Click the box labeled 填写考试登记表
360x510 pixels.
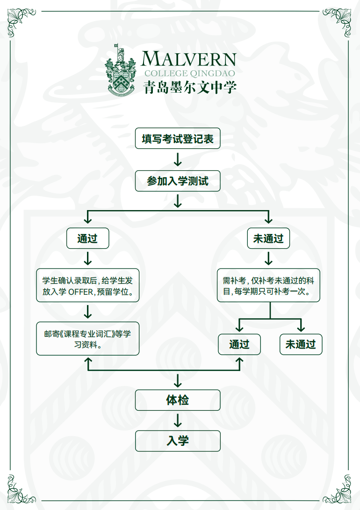pyautogui.click(x=178, y=139)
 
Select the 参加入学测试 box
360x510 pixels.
pyautogui.click(x=178, y=181)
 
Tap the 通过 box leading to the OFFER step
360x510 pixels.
pyautogui.click(x=87, y=239)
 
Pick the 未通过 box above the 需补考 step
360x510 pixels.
pyautogui.click(x=268, y=239)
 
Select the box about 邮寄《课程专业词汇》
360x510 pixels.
pyautogui.click(x=87, y=339)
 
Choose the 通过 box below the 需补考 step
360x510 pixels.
pyautogui.click(x=239, y=345)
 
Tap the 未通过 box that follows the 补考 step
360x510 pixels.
pyautogui.click(x=301, y=345)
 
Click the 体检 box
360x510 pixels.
pyautogui.click(x=178, y=400)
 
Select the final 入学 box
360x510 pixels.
pyautogui.click(x=178, y=441)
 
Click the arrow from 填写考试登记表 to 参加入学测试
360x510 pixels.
pyautogui.click(x=178, y=160)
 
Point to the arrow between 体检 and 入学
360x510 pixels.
pyautogui.click(x=178, y=420)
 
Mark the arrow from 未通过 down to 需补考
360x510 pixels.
pyautogui.click(x=268, y=259)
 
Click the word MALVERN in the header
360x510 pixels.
pyautogui.click(x=189, y=59)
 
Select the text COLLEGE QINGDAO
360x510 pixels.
pyautogui.click(x=189, y=73)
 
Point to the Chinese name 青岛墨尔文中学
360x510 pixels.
pyautogui.click(x=189, y=87)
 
